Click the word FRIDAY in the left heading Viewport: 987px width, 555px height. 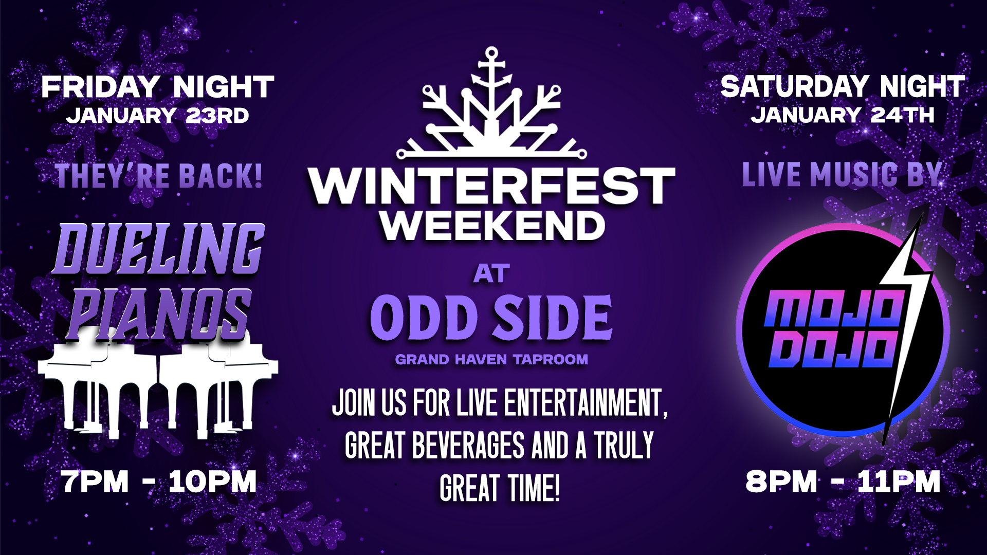coord(101,87)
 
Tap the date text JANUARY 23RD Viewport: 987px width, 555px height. coord(157,116)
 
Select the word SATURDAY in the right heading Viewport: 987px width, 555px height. coord(795,86)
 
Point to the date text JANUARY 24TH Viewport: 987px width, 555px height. coord(843,115)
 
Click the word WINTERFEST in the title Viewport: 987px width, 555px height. coord(491,186)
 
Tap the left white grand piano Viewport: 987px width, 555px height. coord(98,383)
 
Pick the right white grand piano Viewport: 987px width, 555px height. coord(218,383)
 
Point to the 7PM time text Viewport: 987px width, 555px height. coord(95,482)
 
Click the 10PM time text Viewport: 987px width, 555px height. coord(212,482)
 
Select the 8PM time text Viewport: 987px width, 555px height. coord(781,482)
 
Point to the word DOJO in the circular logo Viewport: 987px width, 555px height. coord(833,349)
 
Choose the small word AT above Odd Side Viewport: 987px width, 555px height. coord(492,274)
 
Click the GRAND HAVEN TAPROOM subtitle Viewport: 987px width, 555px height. coord(491,359)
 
